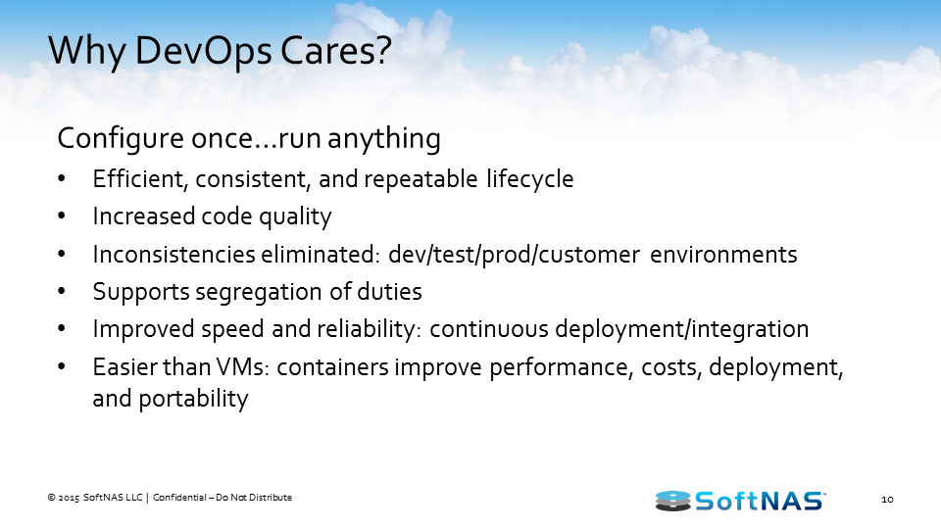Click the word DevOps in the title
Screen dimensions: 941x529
pyautogui.click(x=203, y=50)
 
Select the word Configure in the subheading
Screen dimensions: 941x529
pyautogui.click(x=121, y=139)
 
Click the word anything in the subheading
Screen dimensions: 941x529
pyautogui.click(x=384, y=139)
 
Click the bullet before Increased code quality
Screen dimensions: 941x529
pyautogui.click(x=62, y=216)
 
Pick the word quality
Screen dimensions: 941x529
pyautogui.click(x=295, y=217)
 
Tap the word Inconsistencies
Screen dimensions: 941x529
pyautogui.click(x=174, y=255)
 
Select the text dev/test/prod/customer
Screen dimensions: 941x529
pyautogui.click(x=515, y=255)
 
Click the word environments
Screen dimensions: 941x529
pyautogui.click(x=723, y=255)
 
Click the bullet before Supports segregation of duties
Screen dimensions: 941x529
pyautogui.click(x=62, y=291)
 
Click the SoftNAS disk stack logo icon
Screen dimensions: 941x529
pyautogui.click(x=673, y=501)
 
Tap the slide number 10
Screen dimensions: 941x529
pyautogui.click(x=888, y=500)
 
